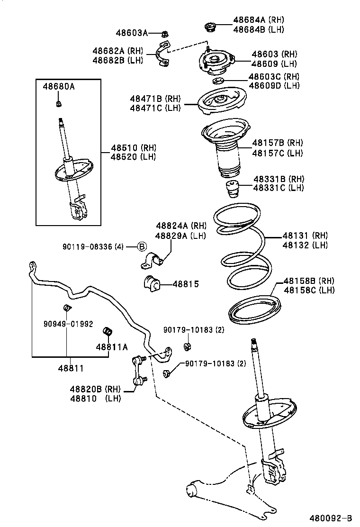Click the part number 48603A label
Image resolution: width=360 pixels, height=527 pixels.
pos(132,33)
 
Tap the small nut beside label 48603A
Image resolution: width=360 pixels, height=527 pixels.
pos(164,33)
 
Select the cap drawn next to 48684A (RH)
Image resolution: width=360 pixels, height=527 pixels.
pos(210,27)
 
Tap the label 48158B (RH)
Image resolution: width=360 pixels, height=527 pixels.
pos(309,281)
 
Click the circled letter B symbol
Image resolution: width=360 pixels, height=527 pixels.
pos(142,246)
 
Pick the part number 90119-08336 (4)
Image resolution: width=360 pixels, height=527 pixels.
pos(93,246)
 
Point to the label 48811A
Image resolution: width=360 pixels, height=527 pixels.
pos(112,347)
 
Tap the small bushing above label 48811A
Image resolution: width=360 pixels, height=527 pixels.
pos(107,331)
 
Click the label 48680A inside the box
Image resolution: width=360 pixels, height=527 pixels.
pos(59,87)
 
